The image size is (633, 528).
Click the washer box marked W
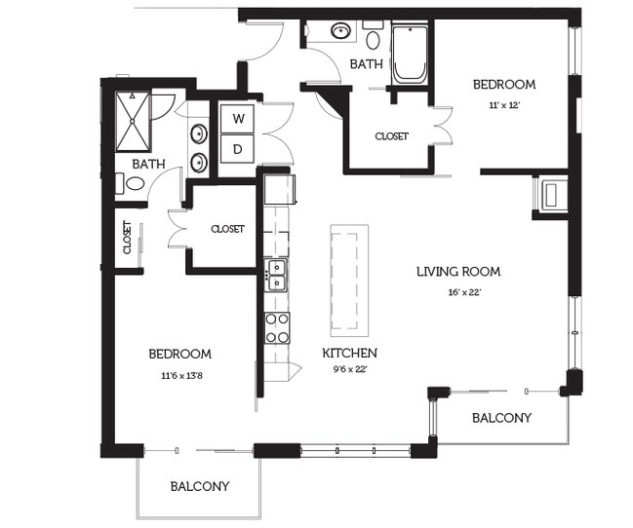click(x=237, y=119)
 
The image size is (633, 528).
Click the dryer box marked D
click(x=237, y=149)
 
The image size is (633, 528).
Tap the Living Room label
click(x=458, y=272)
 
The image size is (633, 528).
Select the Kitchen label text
click(x=349, y=353)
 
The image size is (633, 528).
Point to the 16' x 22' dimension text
click(x=464, y=292)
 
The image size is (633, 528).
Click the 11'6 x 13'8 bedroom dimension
click(x=181, y=376)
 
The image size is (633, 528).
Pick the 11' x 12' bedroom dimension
click(x=504, y=105)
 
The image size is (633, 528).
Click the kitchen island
click(x=349, y=281)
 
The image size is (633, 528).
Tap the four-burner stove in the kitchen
click(x=277, y=328)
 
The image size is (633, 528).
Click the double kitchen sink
click(x=277, y=275)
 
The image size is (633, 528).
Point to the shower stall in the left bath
click(x=133, y=122)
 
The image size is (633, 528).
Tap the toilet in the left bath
click(x=131, y=183)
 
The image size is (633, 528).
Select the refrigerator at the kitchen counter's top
click(x=279, y=189)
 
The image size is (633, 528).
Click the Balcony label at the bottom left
click(x=200, y=486)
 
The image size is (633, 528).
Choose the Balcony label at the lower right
click(x=501, y=418)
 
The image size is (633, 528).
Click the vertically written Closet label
click(x=127, y=237)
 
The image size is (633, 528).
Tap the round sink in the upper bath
click(x=341, y=30)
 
